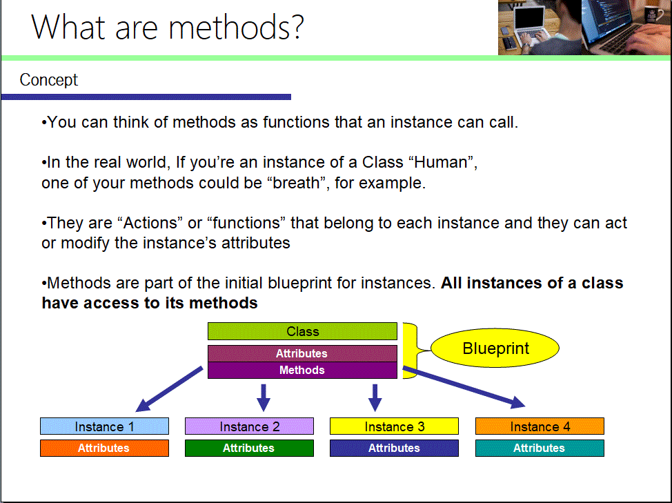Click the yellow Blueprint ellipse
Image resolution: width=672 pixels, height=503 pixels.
[495, 348]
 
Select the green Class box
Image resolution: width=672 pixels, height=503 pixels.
[303, 331]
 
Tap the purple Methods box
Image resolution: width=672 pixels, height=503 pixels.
[303, 371]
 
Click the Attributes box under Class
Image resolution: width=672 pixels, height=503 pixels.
[303, 353]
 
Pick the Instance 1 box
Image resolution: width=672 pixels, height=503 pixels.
[105, 426]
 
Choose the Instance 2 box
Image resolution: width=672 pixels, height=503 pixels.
[250, 426]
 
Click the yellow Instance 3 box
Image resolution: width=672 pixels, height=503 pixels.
[394, 426]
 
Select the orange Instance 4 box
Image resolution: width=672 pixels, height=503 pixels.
[540, 426]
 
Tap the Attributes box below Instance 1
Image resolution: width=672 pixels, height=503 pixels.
[105, 448]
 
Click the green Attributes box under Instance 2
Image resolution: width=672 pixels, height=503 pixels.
[250, 448]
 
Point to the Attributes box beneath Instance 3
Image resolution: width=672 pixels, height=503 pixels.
[394, 448]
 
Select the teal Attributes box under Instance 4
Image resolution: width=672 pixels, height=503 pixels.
[540, 448]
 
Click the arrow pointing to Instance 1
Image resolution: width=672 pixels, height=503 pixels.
[169, 389]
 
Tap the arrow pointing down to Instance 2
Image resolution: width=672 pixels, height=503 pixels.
[264, 397]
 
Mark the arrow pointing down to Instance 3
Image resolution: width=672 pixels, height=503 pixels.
[375, 397]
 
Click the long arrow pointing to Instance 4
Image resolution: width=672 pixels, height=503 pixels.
[464, 387]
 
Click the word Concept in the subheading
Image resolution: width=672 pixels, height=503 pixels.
[49, 80]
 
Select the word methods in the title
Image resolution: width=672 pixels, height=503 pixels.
[236, 28]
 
